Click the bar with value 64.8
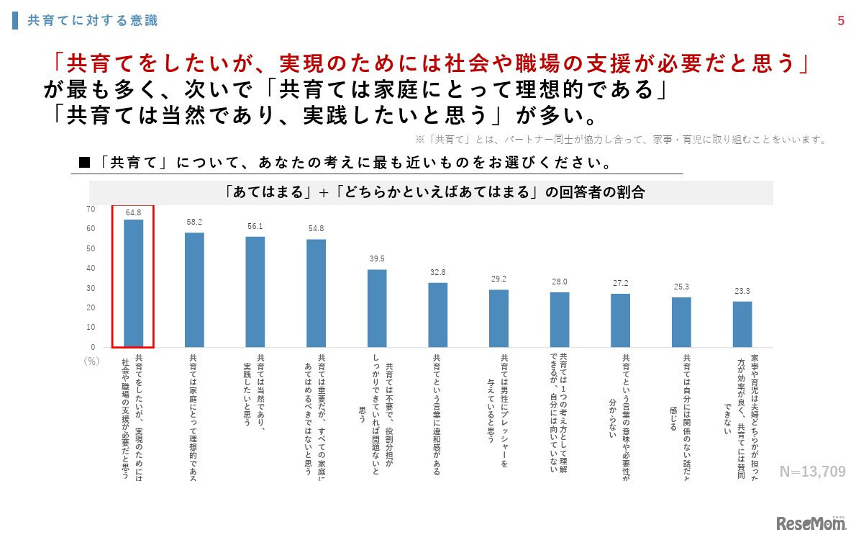[x=133, y=283]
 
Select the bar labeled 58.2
[x=194, y=289]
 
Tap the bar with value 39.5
[x=377, y=308]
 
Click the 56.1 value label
[x=255, y=226]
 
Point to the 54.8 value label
[x=316, y=229]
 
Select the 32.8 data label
[x=437, y=272]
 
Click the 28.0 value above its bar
[x=560, y=282]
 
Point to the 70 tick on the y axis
[x=91, y=210]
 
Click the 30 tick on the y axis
[x=91, y=288]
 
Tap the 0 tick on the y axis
[x=93, y=347]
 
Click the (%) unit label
[x=91, y=361]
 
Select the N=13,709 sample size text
[x=813, y=472]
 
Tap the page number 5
[x=841, y=21]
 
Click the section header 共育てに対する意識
[x=92, y=21]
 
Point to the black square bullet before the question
[x=84, y=163]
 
